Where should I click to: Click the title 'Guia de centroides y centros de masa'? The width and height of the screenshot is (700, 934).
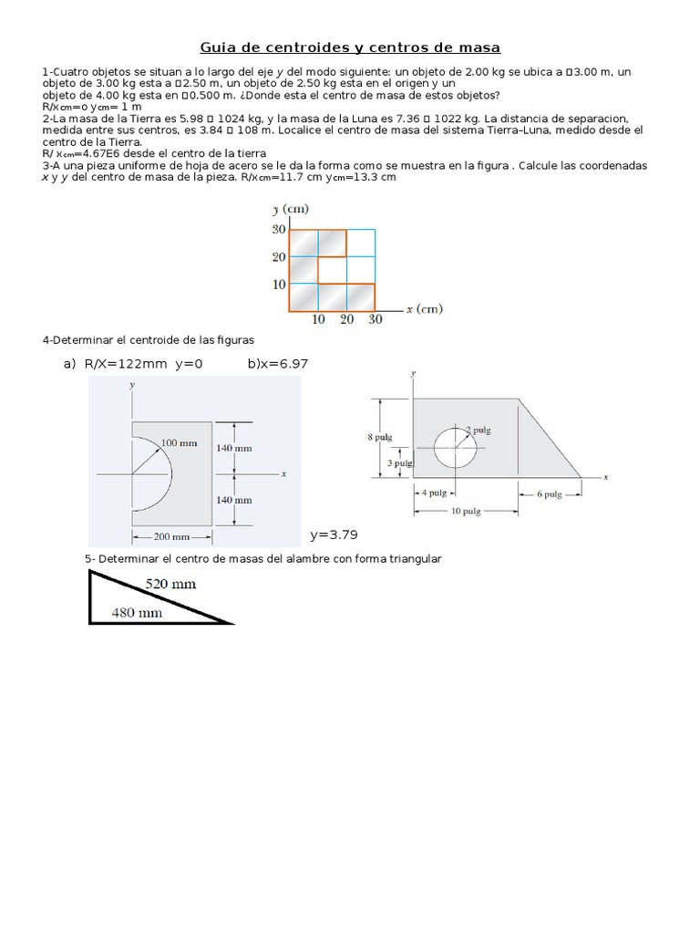350,47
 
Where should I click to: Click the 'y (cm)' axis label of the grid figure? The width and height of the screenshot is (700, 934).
287,209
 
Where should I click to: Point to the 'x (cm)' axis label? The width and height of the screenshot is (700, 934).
424,309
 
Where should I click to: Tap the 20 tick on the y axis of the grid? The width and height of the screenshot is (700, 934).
278,257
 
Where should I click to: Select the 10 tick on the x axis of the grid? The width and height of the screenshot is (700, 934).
319,320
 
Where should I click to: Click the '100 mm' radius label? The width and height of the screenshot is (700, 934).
179,443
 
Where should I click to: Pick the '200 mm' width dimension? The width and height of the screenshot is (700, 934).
172,536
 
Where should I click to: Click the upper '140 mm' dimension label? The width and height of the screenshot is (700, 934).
234,448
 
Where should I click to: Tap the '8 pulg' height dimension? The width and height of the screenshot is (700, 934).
379,437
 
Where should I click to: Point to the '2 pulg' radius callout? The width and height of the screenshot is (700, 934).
479,430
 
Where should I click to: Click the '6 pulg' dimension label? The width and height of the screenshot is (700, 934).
549,493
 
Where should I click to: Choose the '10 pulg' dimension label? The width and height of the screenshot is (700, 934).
465,511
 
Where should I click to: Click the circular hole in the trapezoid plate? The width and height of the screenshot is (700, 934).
454,447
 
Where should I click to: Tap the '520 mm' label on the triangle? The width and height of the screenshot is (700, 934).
170,584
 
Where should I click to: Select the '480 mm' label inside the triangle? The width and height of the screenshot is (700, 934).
137,613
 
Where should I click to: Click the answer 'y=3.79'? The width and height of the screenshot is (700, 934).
333,535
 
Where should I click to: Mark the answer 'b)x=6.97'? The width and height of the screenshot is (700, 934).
278,363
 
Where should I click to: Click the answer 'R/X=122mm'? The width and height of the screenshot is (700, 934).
126,363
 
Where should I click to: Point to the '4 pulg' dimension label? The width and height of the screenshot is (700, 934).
434,493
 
